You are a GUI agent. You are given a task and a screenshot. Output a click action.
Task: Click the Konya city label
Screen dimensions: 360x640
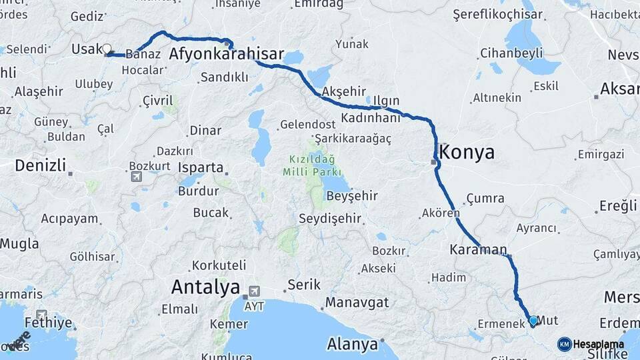(x=468, y=153)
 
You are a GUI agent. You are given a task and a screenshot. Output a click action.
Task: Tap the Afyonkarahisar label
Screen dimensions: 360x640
(x=227, y=55)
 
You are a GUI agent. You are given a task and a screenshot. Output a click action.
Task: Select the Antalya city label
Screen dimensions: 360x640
(x=205, y=287)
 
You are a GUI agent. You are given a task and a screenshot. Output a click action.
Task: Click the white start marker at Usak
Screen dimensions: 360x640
(x=107, y=49)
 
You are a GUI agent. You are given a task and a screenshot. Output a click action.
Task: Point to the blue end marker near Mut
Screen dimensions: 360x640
(x=533, y=321)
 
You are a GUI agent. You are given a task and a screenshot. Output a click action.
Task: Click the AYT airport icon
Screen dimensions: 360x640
(x=254, y=292)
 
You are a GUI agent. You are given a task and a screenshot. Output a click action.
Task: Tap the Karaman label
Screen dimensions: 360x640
(x=479, y=250)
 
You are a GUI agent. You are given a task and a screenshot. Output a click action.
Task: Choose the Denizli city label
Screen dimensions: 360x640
(x=41, y=165)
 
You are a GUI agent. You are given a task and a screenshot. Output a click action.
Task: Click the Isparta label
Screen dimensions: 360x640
(x=201, y=167)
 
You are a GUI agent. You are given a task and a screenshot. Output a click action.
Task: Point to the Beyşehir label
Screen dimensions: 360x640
(x=351, y=196)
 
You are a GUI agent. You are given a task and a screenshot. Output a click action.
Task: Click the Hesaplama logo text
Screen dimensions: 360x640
(x=599, y=344)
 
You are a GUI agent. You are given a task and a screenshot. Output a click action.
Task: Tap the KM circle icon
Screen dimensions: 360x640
(x=564, y=344)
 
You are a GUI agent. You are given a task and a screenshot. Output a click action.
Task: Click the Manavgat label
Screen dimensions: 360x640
(x=357, y=303)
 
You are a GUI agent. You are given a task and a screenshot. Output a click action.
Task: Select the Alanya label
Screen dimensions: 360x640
(x=353, y=345)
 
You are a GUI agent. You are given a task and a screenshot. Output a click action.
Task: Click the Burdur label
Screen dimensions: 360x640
(x=199, y=191)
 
